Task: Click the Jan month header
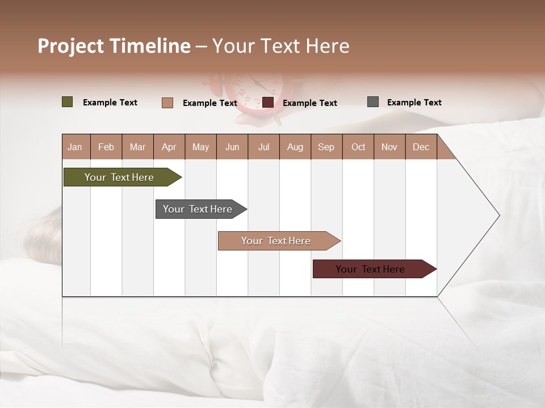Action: tap(75, 147)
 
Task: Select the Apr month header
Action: tap(169, 147)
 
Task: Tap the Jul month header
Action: tap(263, 147)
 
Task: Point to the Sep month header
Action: tap(326, 147)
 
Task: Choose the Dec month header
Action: tap(421, 147)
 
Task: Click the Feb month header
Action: tap(106, 147)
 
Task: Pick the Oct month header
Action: tap(358, 147)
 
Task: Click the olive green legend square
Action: tap(67, 102)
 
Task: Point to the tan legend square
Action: tap(167, 103)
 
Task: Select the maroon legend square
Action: tap(268, 103)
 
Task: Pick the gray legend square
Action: tap(373, 102)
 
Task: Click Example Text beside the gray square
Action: tap(414, 103)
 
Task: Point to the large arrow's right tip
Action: tap(498, 215)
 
